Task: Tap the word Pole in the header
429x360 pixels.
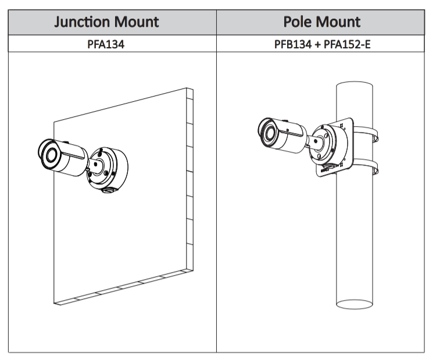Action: [x=296, y=22]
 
